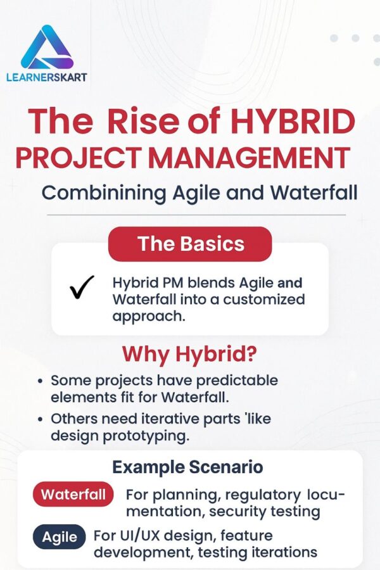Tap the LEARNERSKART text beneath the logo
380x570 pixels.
tap(47, 78)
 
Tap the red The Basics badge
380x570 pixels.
tap(190, 244)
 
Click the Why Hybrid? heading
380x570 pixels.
tap(190, 353)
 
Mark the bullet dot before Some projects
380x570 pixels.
tap(41, 382)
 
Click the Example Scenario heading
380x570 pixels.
tap(187, 468)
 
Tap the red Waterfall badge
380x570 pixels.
tap(73, 494)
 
